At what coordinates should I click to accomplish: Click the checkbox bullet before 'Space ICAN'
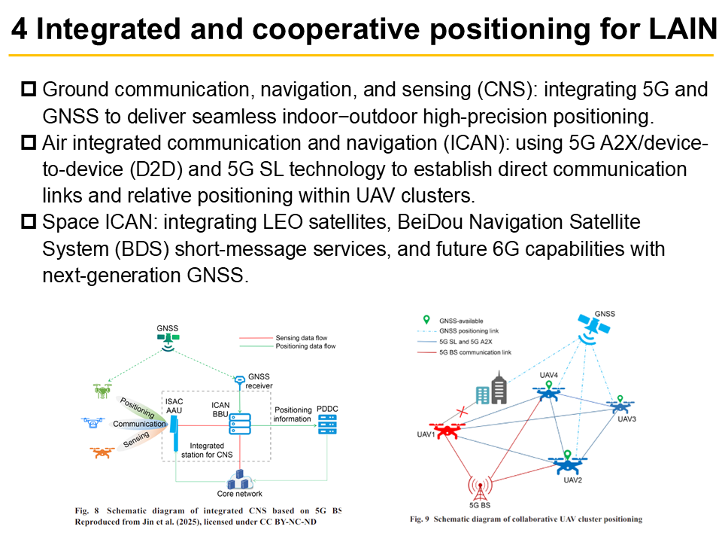pyautogui.click(x=29, y=222)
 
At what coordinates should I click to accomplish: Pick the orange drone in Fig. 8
pyautogui.click(x=102, y=452)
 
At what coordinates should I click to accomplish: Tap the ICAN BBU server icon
pyautogui.click(x=240, y=426)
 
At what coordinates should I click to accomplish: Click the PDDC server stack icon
pyautogui.click(x=327, y=425)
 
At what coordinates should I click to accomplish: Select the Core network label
pyautogui.click(x=240, y=494)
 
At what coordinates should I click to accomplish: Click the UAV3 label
pyautogui.click(x=627, y=419)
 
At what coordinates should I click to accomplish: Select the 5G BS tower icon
pyautogui.click(x=481, y=487)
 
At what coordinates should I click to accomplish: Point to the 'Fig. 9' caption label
pyautogui.click(x=423, y=519)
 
